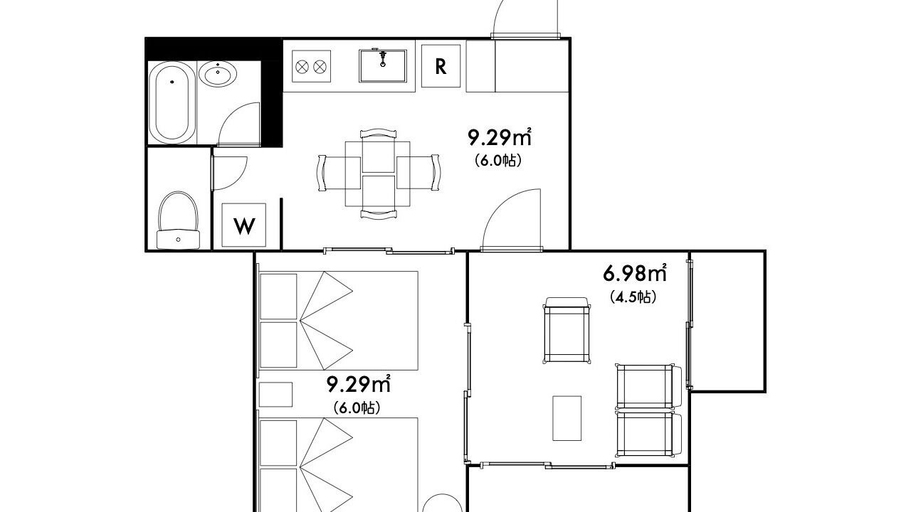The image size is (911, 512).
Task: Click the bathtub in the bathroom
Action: point(172,103)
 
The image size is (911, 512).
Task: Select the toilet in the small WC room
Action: point(178,220)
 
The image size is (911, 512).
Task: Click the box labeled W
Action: point(243,225)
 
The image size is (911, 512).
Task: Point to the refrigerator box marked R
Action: point(441,66)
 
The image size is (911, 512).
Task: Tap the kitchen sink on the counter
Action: point(383,66)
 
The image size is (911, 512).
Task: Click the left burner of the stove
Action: point(302,67)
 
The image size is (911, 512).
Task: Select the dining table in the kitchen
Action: point(378,174)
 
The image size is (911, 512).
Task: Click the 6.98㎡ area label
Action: point(635,274)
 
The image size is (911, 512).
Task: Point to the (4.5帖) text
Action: point(633,297)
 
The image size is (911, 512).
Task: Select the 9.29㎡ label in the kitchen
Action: point(500,137)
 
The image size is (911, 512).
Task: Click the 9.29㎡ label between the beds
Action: point(359,384)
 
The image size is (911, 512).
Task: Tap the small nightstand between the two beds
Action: point(275,394)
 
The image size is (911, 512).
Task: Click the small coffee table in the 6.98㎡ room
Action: point(567,418)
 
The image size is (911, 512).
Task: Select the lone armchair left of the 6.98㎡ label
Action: point(567,330)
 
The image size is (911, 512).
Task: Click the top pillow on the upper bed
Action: point(278,297)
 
